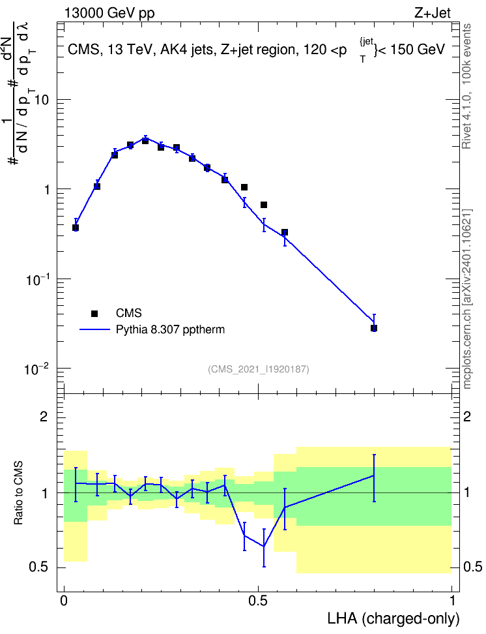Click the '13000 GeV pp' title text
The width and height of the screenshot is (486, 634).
(109, 13)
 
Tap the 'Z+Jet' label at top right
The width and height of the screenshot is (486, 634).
(433, 13)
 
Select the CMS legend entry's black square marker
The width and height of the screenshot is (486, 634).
(94, 313)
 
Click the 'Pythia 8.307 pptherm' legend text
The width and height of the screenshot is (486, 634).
(170, 329)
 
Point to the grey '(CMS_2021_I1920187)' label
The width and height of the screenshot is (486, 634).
(259, 369)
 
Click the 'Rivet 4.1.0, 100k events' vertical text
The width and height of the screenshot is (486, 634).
(466, 86)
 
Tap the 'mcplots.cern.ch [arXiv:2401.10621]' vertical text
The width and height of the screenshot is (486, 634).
(466, 299)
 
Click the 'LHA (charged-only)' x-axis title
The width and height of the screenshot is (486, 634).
(393, 618)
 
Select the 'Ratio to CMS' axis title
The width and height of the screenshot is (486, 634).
(18, 493)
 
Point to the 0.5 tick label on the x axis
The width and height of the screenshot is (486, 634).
(258, 601)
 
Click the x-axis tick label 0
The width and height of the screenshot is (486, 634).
(64, 601)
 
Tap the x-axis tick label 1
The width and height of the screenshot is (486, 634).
(452, 601)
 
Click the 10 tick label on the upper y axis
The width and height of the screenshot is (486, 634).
(41, 99)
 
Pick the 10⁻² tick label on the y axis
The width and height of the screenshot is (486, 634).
(37, 369)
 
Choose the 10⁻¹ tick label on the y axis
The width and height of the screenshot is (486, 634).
(37, 279)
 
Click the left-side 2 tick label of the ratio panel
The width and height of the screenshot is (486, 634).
(44, 417)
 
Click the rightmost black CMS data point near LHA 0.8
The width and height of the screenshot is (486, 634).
(374, 328)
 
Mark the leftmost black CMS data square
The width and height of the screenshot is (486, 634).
(76, 228)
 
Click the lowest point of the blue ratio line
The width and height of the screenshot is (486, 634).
(264, 547)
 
